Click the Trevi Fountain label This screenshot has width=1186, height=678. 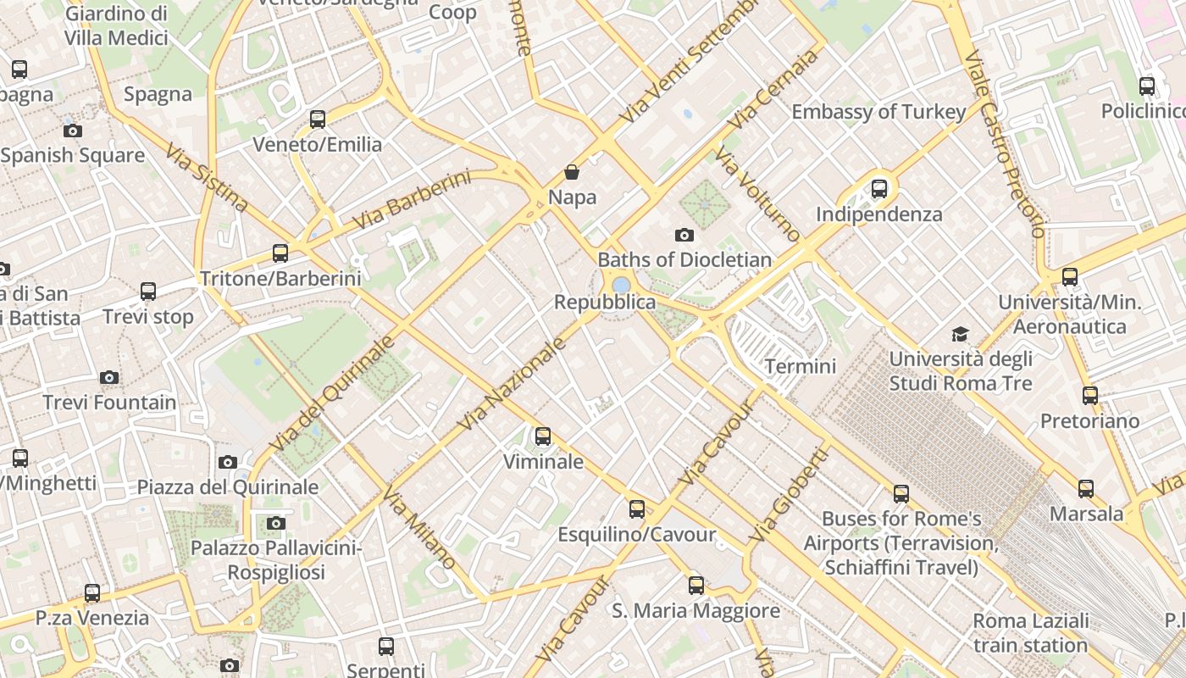109,403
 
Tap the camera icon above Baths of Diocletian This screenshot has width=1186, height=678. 684,235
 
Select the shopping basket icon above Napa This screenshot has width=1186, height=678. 572,172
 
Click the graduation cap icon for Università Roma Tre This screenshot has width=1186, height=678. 960,334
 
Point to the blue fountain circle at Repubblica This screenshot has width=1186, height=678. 621,285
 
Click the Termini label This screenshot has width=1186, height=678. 800,366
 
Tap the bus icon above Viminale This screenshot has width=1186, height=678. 543,436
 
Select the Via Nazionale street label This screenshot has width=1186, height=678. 511,383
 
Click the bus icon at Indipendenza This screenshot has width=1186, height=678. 879,188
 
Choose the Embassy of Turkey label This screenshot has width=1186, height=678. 878,112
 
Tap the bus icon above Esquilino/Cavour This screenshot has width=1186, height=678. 637,509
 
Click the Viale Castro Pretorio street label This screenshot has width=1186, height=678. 1005,144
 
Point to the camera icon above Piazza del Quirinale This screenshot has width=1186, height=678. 227,462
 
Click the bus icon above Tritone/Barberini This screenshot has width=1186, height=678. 280,253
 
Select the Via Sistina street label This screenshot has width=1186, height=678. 207,177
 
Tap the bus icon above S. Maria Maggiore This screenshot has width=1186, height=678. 696,585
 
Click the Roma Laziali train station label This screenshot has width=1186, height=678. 1030,633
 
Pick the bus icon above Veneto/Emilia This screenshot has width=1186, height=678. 318,119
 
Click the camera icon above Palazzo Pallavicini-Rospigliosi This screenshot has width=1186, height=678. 275,523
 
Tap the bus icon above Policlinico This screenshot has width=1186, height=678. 1147,86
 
